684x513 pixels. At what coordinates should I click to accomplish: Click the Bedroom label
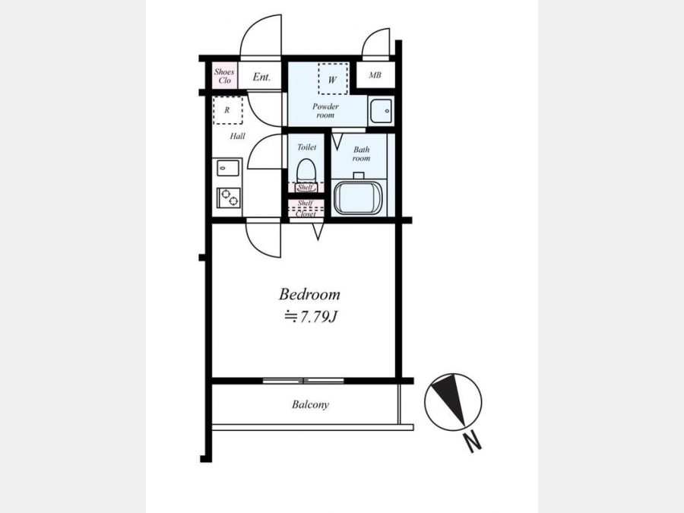tap(309, 294)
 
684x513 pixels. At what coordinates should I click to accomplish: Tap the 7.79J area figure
tap(317, 317)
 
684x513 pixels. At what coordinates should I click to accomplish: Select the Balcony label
tap(310, 405)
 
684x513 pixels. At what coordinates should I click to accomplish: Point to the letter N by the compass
tap(473, 442)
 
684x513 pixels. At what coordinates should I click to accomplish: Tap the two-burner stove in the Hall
tap(228, 197)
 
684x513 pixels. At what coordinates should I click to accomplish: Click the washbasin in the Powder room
tap(381, 111)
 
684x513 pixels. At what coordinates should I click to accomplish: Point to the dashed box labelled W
tap(333, 79)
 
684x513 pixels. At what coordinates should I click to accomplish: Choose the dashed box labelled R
tap(228, 111)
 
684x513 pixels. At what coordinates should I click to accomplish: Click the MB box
tap(375, 75)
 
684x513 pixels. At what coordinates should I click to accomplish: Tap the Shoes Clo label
tap(224, 76)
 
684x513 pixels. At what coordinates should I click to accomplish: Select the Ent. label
tap(261, 78)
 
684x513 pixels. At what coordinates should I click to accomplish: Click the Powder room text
tap(325, 111)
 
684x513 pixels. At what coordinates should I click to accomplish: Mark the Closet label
tap(306, 214)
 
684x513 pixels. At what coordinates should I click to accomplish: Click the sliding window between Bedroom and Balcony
tap(303, 381)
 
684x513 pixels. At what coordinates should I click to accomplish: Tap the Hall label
tap(237, 136)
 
